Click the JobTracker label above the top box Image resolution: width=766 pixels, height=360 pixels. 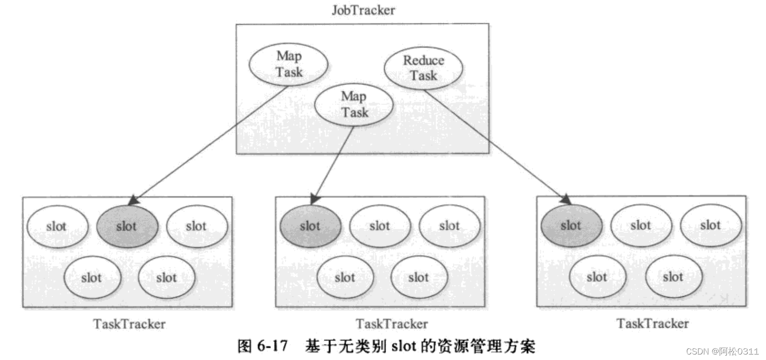coord(363,10)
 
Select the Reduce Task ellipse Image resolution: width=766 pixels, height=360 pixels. coord(423,68)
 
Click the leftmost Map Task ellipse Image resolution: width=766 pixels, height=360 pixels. coord(289,64)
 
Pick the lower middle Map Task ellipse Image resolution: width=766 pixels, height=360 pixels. coord(354,104)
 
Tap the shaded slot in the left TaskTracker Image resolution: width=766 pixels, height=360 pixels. coord(127,226)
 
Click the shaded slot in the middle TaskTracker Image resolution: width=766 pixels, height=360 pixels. coord(310,226)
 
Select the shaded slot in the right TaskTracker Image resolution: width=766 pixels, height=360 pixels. coord(571,225)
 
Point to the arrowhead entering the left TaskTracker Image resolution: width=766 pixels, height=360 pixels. coord(133,200)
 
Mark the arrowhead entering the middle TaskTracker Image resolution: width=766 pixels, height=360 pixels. coord(315,199)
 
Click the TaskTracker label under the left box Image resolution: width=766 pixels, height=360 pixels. coord(129,324)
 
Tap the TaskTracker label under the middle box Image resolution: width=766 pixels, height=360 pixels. coord(392,324)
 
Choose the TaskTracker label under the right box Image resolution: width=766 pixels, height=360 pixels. coord(652,323)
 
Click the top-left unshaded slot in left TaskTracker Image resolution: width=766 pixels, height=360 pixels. coord(57,226)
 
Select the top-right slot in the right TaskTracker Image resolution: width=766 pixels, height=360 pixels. coord(710,225)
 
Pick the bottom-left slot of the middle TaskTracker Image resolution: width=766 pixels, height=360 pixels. coord(345,277)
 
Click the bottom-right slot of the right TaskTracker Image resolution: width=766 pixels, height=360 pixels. coord(673,277)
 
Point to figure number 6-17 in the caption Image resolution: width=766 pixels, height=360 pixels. coord(273,346)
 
